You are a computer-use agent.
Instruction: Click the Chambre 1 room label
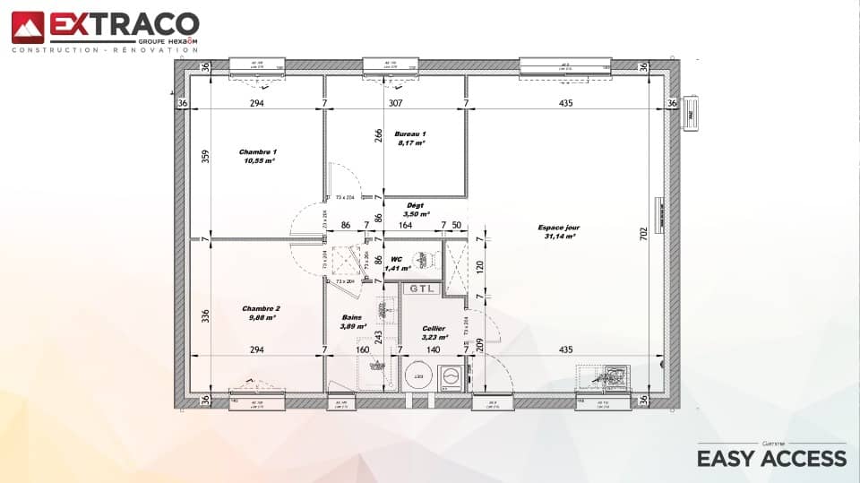click(x=258, y=152)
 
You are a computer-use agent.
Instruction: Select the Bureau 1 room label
click(x=410, y=134)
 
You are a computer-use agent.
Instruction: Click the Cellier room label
click(x=434, y=329)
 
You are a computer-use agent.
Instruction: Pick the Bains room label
click(x=353, y=318)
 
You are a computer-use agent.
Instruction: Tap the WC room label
click(x=395, y=258)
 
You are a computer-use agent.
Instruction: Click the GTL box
click(x=420, y=289)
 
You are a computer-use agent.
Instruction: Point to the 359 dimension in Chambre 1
click(x=205, y=156)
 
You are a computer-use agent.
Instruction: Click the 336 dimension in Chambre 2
click(x=205, y=315)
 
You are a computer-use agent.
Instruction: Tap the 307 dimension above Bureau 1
click(x=395, y=104)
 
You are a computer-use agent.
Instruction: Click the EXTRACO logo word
click(x=124, y=23)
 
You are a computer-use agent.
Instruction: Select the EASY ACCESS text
click(x=771, y=459)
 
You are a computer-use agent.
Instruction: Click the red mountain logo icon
click(x=27, y=27)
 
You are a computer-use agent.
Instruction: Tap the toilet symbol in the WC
click(x=426, y=258)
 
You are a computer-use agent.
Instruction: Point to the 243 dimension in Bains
click(x=379, y=337)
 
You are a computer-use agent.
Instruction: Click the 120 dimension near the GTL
click(x=480, y=267)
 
